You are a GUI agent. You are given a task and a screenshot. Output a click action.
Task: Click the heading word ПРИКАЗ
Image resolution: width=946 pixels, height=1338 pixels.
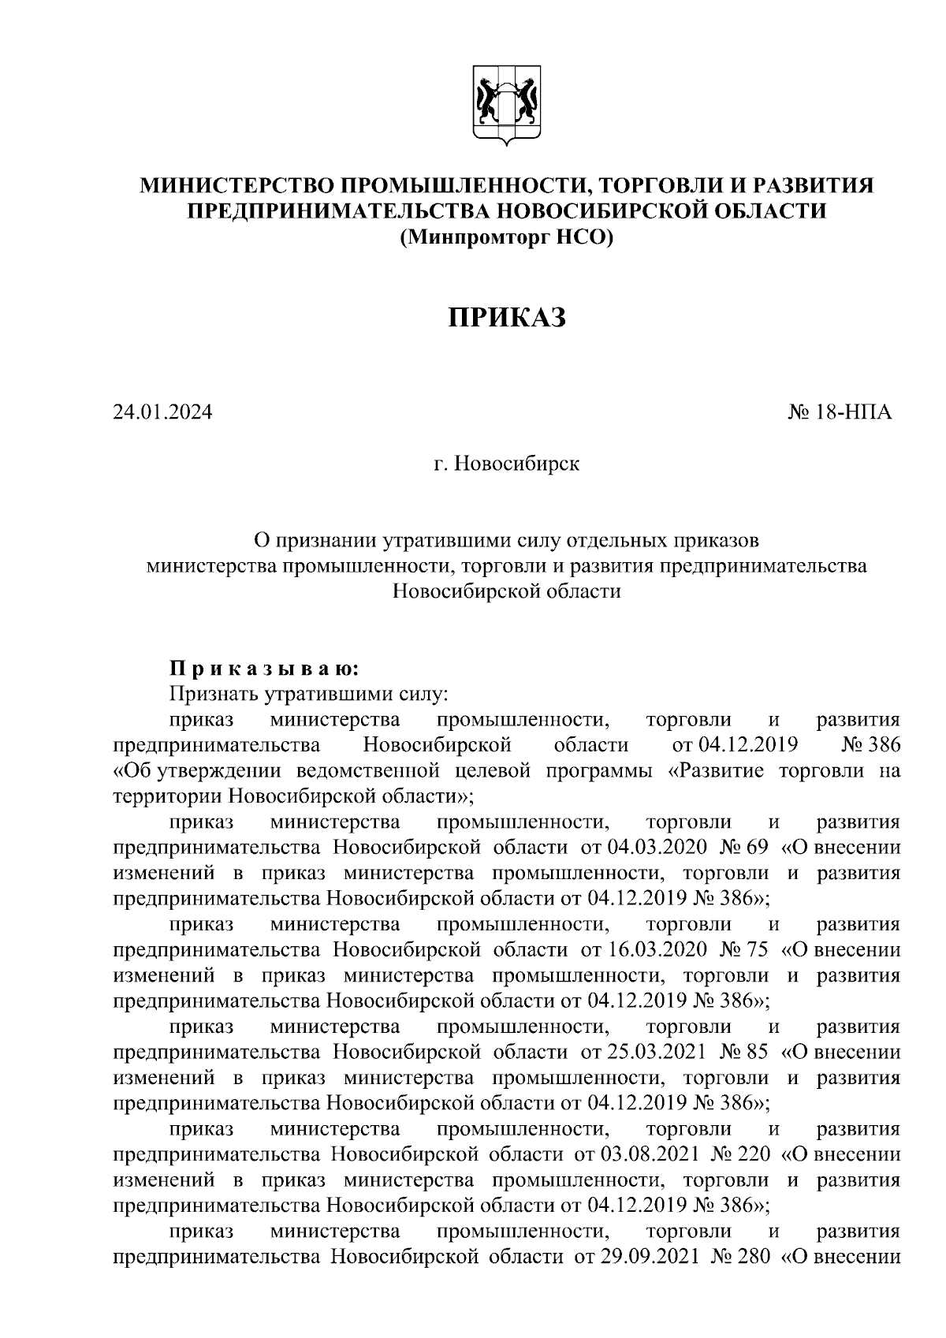[x=508, y=318]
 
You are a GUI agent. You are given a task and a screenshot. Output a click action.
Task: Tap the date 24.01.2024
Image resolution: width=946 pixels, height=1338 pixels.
[x=162, y=412]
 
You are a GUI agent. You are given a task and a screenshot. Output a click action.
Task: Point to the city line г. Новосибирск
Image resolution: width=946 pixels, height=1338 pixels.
[x=506, y=464]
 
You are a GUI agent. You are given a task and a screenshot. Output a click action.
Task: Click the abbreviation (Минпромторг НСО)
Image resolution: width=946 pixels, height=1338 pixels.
[x=506, y=236]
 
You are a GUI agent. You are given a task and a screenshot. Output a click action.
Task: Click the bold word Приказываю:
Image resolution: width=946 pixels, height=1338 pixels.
[x=265, y=669]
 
